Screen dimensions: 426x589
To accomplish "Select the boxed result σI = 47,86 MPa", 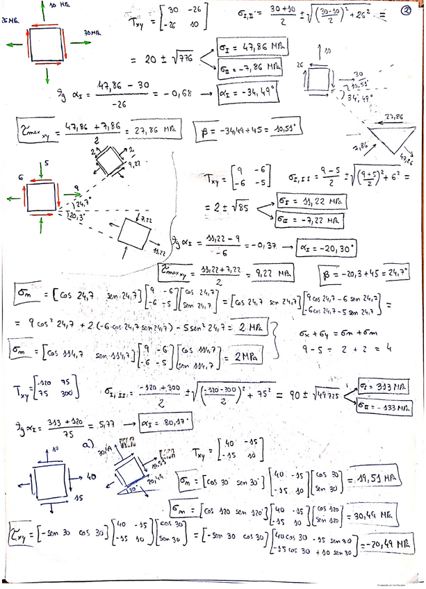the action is tap(252, 47).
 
